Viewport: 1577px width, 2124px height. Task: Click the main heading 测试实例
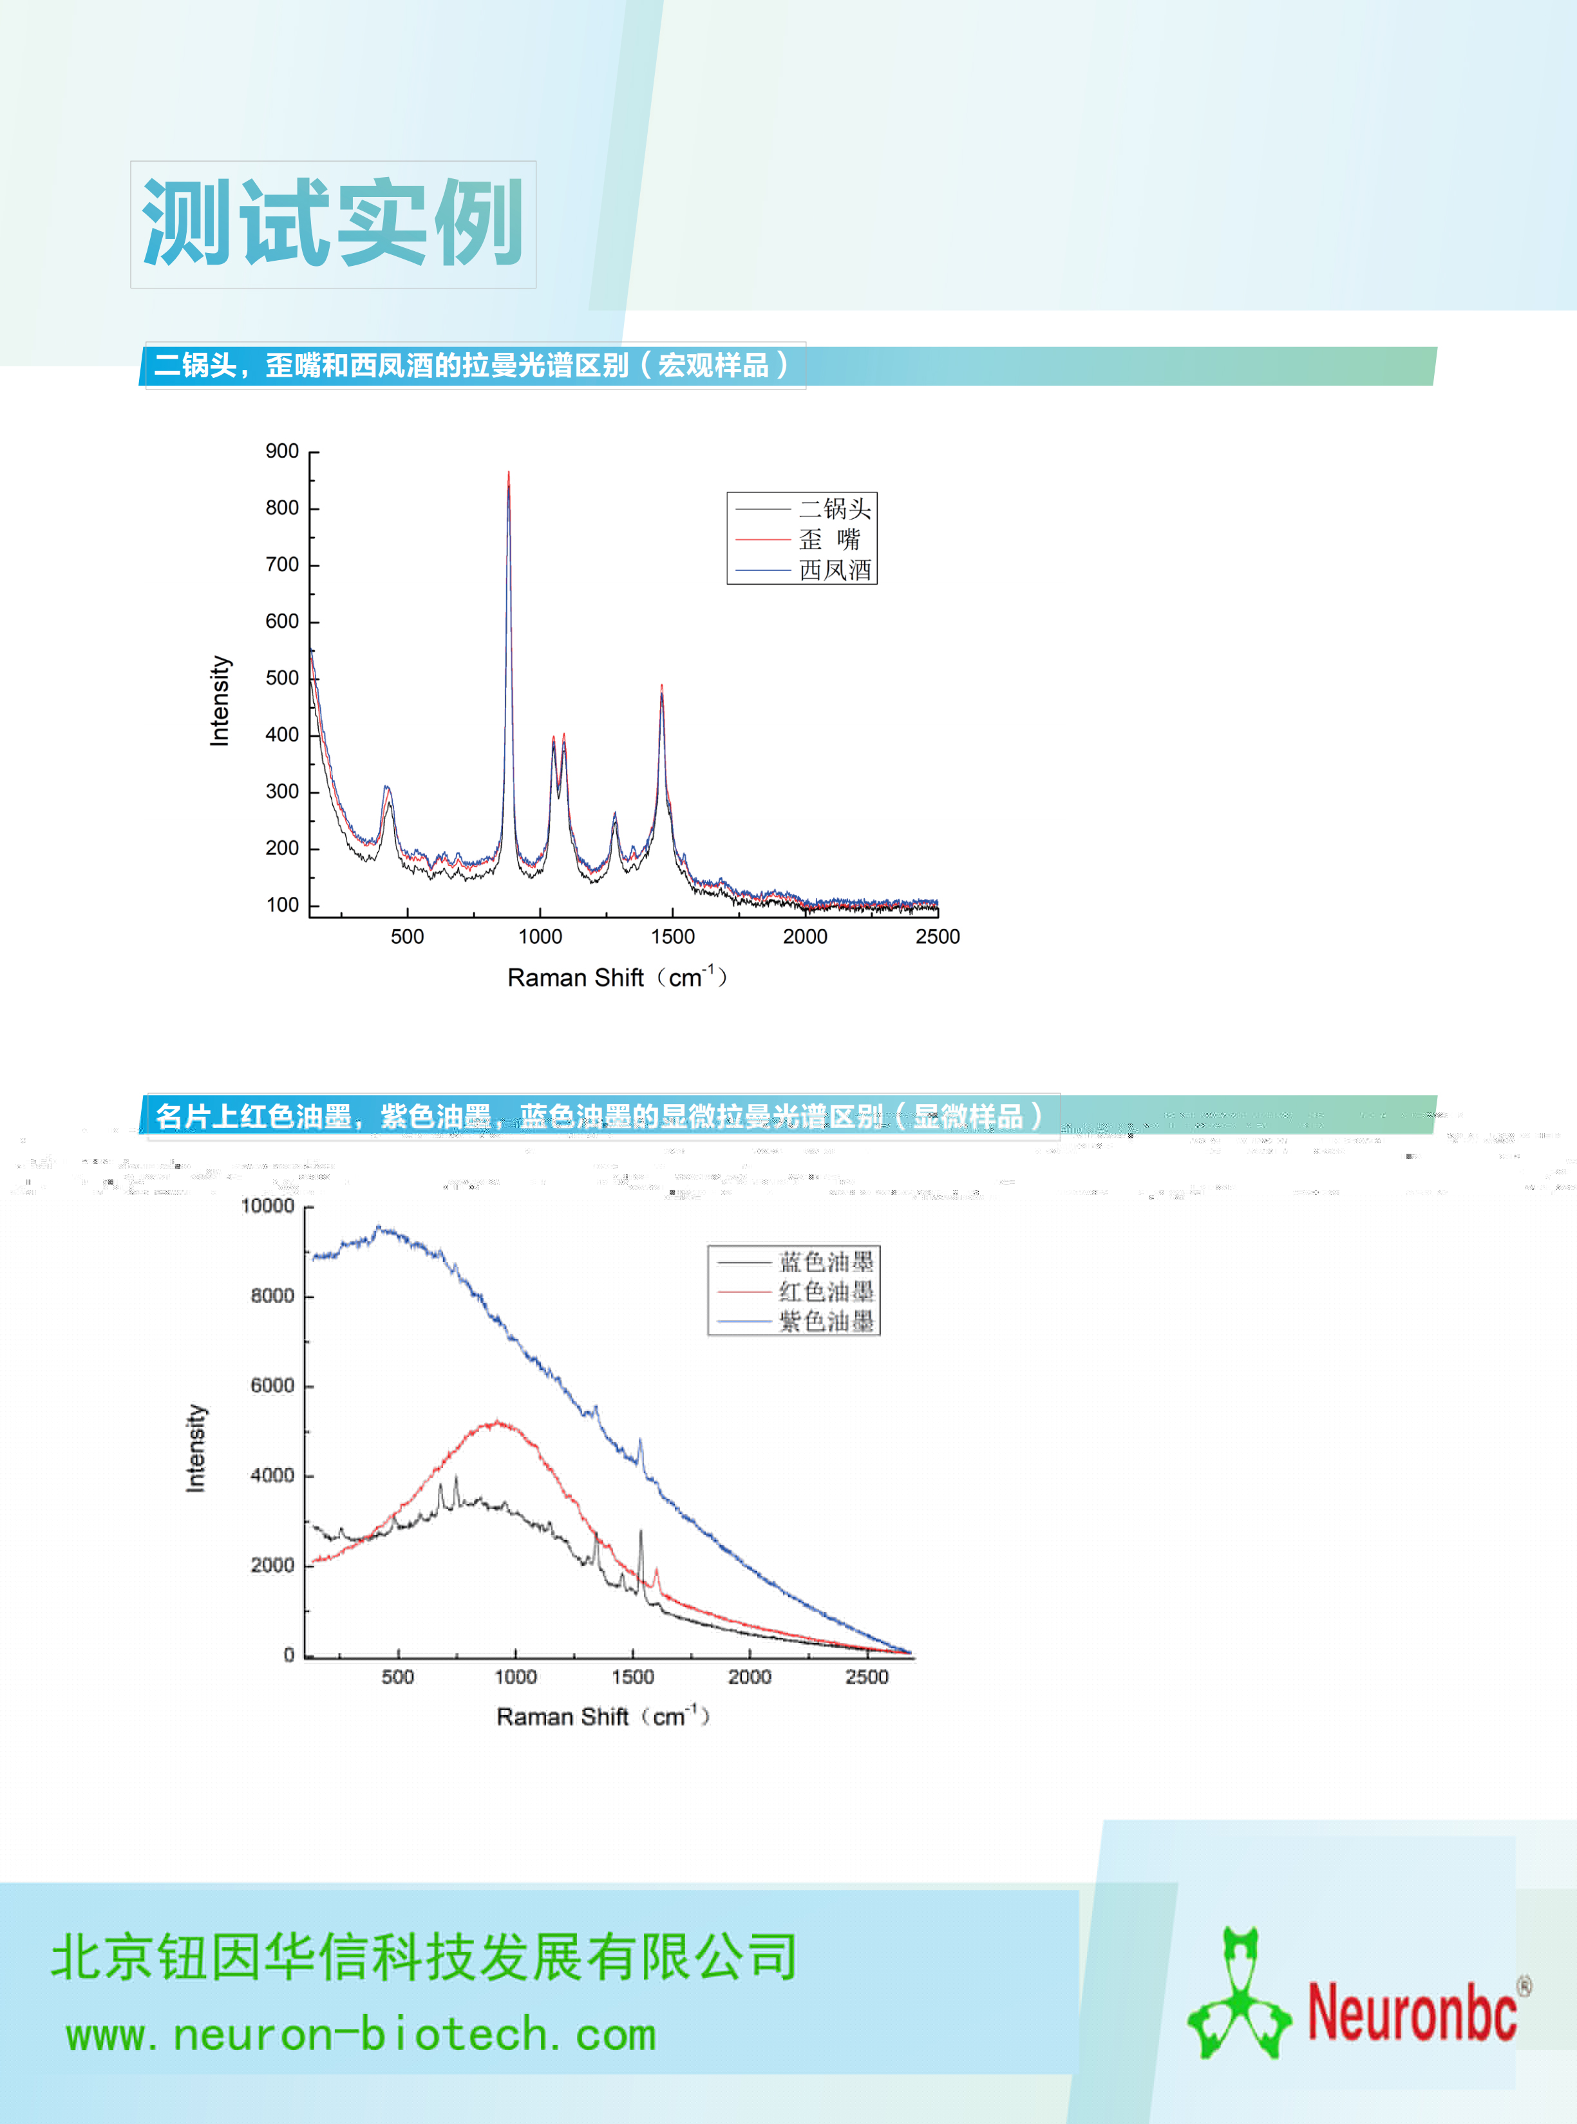[332, 223]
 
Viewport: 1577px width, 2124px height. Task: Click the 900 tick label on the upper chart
[281, 451]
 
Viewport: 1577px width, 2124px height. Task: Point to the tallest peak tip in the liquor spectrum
[509, 473]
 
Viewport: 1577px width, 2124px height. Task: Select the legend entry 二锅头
[835, 509]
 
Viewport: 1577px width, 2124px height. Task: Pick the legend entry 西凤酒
[835, 570]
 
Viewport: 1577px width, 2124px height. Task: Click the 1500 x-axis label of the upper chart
[673, 937]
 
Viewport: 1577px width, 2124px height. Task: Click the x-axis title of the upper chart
[617, 977]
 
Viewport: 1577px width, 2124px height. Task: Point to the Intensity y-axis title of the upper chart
[220, 700]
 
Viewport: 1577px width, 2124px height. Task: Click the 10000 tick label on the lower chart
[267, 1206]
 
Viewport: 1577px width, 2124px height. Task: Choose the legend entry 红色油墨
[826, 1292]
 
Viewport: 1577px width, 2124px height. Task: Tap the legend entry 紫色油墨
[826, 1322]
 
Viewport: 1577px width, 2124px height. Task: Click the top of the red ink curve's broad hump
[497, 1423]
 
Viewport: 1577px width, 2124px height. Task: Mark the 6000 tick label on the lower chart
[272, 1386]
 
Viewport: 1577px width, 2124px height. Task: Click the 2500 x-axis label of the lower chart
[867, 1677]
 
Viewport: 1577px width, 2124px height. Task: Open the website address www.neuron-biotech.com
[361, 2035]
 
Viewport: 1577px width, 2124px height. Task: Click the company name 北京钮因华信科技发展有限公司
[424, 1957]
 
